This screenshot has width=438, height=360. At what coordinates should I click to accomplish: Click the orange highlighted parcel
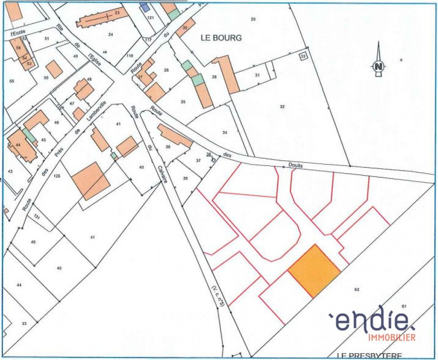coord(314,271)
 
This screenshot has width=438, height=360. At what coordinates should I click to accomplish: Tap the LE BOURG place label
coord(221,38)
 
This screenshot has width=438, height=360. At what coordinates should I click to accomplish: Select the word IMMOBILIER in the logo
coord(392,337)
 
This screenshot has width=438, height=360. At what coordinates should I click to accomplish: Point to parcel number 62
coord(357,290)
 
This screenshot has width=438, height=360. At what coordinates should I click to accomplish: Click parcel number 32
coord(282,106)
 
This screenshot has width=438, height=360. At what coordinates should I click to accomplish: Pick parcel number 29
coord(253,19)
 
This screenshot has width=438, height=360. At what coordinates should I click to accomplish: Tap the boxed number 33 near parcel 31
coord(303,56)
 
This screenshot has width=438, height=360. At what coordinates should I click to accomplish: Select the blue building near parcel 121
coord(144,7)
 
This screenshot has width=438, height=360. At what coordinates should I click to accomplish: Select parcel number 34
coord(225,132)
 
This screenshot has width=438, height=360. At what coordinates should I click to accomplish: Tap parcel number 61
coord(404,306)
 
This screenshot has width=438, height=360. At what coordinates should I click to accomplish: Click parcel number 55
coord(11,81)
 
